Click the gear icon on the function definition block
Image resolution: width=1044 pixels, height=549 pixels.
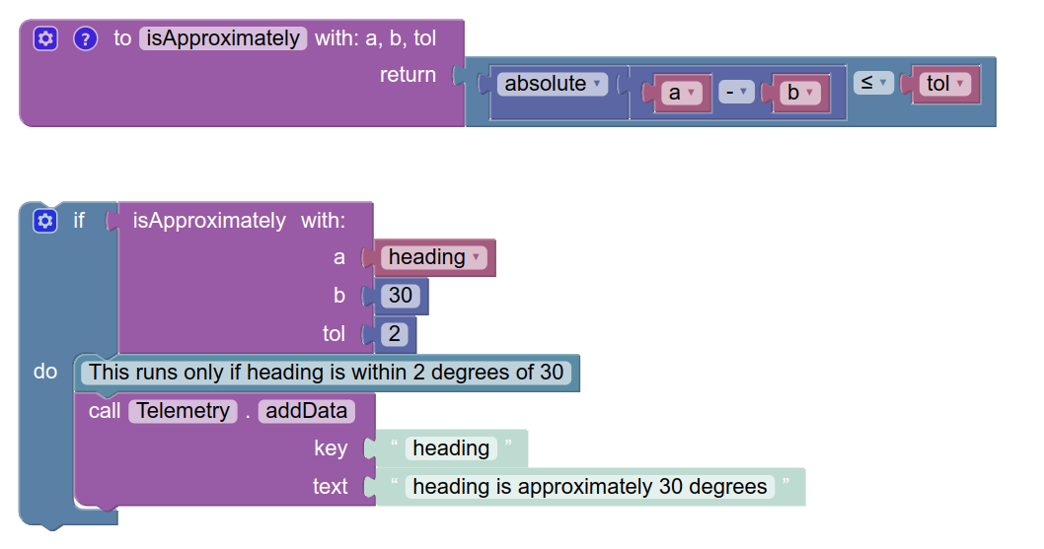click(45, 38)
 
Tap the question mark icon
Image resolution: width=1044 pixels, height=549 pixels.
click(85, 38)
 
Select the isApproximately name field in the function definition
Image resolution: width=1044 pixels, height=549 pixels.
click(223, 38)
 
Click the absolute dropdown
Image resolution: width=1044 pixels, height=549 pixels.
click(553, 84)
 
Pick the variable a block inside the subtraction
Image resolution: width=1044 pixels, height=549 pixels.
click(681, 93)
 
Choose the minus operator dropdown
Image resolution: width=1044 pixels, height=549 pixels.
click(736, 93)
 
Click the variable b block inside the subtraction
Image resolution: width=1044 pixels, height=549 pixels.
click(799, 93)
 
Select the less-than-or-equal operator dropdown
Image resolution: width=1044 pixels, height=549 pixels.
click(873, 83)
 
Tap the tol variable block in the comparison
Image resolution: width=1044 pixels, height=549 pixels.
click(945, 84)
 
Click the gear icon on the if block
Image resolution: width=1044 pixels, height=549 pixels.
click(45, 220)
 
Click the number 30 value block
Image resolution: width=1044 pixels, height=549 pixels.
click(401, 296)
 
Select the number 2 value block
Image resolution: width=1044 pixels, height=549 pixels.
click(395, 334)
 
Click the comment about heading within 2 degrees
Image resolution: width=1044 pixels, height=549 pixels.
click(327, 373)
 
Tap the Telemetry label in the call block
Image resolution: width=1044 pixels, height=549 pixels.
click(184, 411)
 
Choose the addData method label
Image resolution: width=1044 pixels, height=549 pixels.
click(306, 411)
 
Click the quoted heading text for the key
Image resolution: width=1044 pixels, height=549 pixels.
click(451, 448)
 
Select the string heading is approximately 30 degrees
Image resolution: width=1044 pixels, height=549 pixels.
click(590, 487)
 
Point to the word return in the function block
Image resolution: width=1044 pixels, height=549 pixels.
click(408, 75)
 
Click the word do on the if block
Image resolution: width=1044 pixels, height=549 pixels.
click(45, 372)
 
